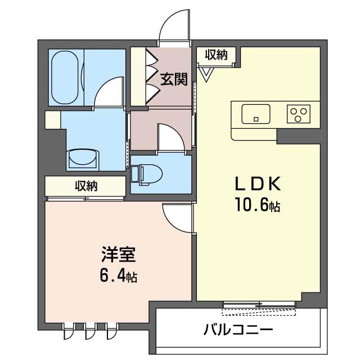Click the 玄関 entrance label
click(x=174, y=79)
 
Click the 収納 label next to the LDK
click(x=216, y=55)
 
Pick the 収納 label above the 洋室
click(x=86, y=186)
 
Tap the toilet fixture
click(x=143, y=174)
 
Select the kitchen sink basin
click(x=256, y=114)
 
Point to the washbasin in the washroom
click(x=82, y=159)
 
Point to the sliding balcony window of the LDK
click(x=259, y=305)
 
